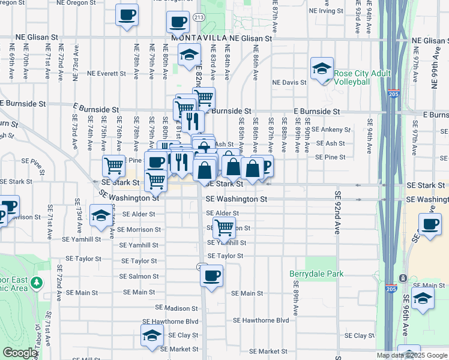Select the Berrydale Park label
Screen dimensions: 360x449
(316, 274)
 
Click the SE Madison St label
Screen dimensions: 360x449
(172, 307)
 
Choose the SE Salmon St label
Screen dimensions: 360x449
(139, 277)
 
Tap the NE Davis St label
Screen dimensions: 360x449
(289, 82)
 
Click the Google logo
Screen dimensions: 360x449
(20, 353)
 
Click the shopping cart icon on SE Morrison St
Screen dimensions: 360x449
(224, 227)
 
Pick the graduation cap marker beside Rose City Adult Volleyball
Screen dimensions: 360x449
(322, 68)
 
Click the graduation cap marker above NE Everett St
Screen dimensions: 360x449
(189, 55)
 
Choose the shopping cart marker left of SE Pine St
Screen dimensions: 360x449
(113, 164)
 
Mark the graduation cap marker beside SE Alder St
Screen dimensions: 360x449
(100, 215)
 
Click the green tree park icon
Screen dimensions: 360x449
(37, 282)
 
